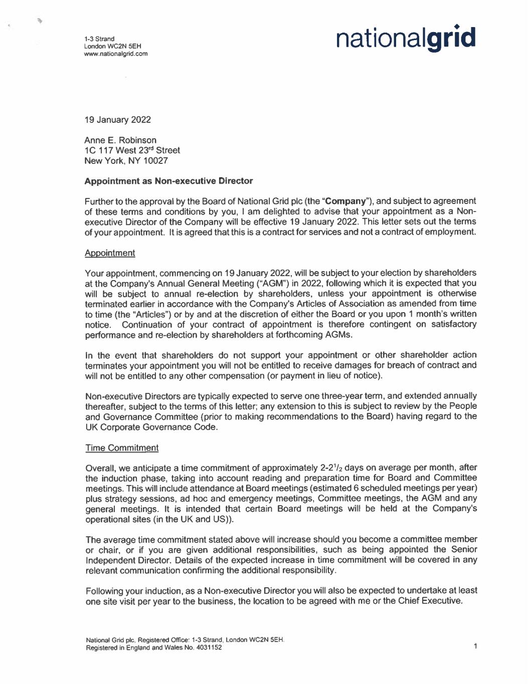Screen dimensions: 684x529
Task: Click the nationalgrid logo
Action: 406,39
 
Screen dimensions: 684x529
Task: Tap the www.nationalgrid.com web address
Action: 116,54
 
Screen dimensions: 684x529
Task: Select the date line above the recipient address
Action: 117,120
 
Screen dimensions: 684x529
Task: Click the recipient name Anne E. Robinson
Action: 120,140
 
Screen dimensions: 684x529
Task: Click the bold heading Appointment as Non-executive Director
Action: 168,181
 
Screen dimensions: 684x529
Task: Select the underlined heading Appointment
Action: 110,253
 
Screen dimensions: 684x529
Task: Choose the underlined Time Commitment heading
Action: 122,448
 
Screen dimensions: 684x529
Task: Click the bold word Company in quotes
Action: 345,201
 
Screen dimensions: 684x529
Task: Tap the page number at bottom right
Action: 475,646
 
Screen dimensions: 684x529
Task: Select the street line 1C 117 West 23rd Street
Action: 132,150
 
